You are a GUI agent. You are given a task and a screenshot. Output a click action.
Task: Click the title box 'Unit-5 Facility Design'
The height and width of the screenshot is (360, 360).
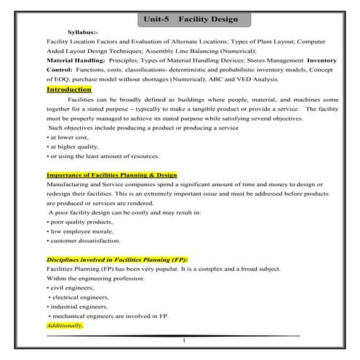click(x=180, y=20)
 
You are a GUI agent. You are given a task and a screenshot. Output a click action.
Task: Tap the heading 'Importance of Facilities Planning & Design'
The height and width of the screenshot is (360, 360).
click(x=111, y=175)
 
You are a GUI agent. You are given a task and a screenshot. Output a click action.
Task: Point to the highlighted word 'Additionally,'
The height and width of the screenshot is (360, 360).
click(x=65, y=326)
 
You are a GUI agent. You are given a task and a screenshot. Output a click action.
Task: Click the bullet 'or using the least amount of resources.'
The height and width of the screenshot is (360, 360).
click(x=103, y=156)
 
